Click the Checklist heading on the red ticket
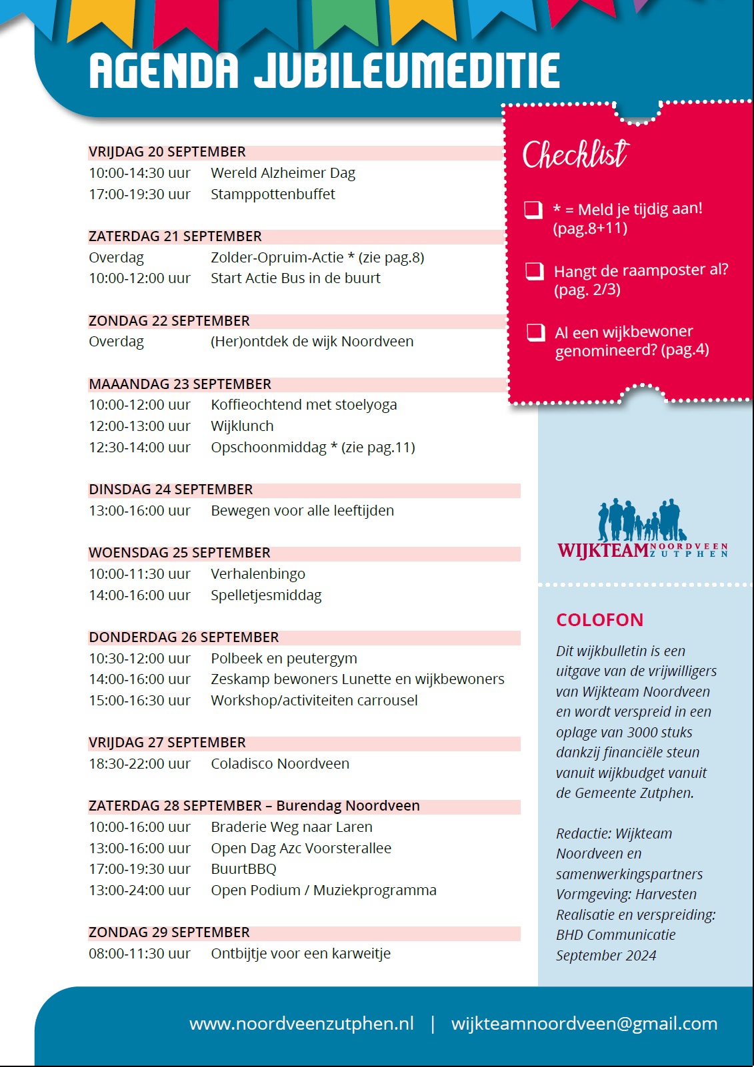(575, 155)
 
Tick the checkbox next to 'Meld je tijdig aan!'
(533, 210)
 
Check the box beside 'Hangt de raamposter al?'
(535, 271)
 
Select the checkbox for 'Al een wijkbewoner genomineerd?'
(536, 332)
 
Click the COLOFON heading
(600, 620)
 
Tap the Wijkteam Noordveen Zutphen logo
(642, 531)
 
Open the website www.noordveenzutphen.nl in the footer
(301, 1024)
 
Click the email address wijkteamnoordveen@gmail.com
(584, 1024)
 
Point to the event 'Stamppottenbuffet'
(273, 194)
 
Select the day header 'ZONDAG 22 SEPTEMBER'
(169, 321)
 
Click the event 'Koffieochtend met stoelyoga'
(303, 405)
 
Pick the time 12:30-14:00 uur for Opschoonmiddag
(140, 448)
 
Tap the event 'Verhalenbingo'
(258, 574)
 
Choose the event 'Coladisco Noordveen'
(280, 764)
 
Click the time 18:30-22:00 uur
(140, 764)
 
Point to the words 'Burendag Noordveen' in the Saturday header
(348, 806)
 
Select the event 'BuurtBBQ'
(243, 869)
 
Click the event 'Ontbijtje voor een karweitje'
(301, 954)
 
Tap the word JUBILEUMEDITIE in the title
(407, 71)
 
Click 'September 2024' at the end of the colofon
(606, 956)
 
